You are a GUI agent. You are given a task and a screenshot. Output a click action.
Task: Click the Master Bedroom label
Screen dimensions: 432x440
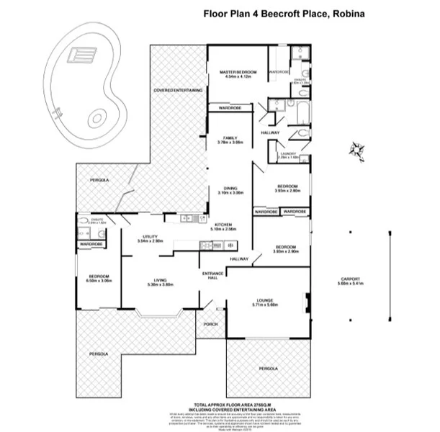238,73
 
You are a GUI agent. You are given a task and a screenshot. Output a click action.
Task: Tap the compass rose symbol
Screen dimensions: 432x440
356,150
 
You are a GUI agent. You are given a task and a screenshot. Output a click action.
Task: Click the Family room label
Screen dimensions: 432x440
230,138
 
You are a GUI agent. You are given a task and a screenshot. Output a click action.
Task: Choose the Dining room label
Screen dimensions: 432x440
230,189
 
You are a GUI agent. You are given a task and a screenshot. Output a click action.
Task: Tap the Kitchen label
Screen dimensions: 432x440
224,225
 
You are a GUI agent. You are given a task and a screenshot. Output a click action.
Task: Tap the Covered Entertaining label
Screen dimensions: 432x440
177,90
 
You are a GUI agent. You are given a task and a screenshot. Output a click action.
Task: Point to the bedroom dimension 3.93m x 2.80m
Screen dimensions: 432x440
287,191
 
